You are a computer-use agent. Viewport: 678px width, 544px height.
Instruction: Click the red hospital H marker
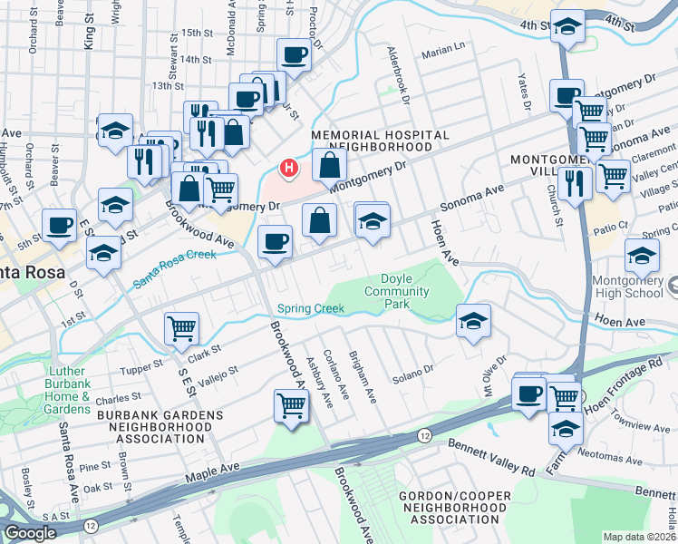288,168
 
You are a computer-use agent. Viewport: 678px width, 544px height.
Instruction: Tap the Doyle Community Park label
396,291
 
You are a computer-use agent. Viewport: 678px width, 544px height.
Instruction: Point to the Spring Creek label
311,309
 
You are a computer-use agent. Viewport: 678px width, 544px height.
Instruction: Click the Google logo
30,532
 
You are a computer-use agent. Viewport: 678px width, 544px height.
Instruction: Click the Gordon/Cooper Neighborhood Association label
452,508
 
